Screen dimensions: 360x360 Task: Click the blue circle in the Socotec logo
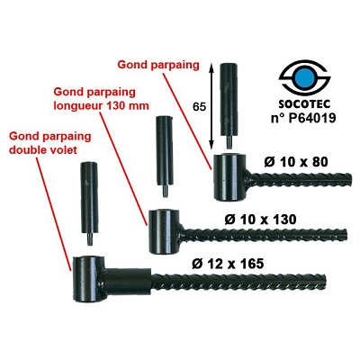tap(304, 78)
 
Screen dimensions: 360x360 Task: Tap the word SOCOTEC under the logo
tap(304, 104)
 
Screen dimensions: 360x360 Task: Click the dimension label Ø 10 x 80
tap(296, 162)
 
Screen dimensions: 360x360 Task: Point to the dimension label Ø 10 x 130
tap(260, 220)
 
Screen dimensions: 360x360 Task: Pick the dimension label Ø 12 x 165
tap(228, 264)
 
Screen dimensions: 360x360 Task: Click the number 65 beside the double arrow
tap(200, 107)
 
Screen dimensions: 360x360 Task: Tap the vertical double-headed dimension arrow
tap(211, 105)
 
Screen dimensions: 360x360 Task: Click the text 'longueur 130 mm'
tap(101, 106)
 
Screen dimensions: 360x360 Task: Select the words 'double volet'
tap(43, 149)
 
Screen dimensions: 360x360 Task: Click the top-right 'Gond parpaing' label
tap(158, 65)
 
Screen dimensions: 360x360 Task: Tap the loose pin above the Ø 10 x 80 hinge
tap(229, 105)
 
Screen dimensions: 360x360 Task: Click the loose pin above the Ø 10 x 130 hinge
tap(165, 157)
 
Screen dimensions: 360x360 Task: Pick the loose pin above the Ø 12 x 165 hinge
tap(88, 203)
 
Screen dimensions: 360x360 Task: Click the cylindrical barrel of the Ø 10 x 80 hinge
tap(229, 177)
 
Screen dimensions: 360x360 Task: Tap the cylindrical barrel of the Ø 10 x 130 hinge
tap(165, 231)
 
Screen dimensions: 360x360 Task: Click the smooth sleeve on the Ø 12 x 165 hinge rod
tap(129, 282)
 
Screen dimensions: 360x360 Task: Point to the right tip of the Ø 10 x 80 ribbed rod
tap(351, 179)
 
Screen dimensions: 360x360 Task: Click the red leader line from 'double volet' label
tap(54, 213)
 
